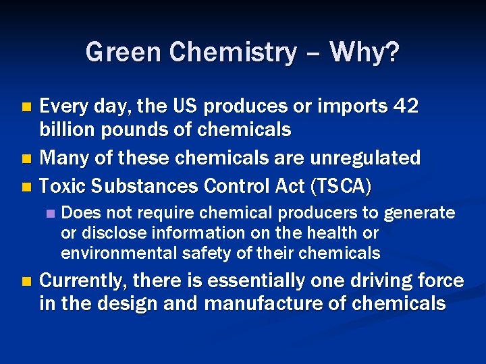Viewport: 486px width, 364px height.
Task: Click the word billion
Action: click(x=67, y=129)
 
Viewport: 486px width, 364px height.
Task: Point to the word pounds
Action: click(x=129, y=129)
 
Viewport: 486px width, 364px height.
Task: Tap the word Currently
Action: click(x=84, y=280)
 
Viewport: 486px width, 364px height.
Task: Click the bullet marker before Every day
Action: click(x=26, y=107)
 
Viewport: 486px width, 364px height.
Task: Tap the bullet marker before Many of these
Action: click(x=26, y=159)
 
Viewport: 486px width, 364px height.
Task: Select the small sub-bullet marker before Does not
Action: click(x=49, y=214)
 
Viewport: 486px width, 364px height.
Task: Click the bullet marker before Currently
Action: click(x=26, y=281)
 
